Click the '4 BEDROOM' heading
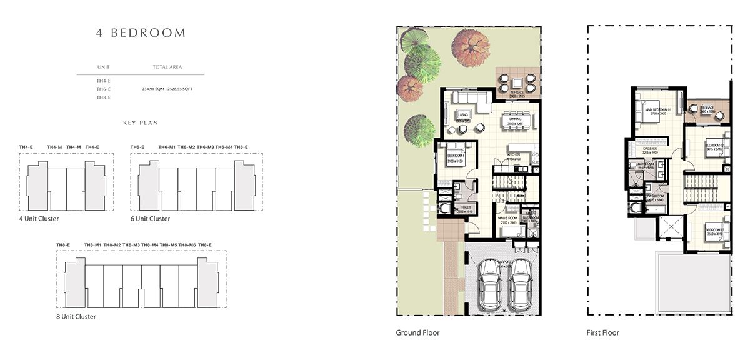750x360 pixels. pos(141,33)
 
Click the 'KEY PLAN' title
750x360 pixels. pos(141,124)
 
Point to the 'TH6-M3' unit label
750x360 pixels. pos(206,147)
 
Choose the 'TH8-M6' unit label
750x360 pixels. pos(187,244)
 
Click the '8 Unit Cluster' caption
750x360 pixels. pos(76,317)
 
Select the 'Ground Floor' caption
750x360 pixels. pos(417,332)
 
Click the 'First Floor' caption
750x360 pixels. pos(603,332)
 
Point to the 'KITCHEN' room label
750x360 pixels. pos(514,154)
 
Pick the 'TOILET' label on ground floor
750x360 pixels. pos(466,207)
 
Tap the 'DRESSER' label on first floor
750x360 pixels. pos(651,149)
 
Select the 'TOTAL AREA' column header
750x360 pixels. pos(167,66)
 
